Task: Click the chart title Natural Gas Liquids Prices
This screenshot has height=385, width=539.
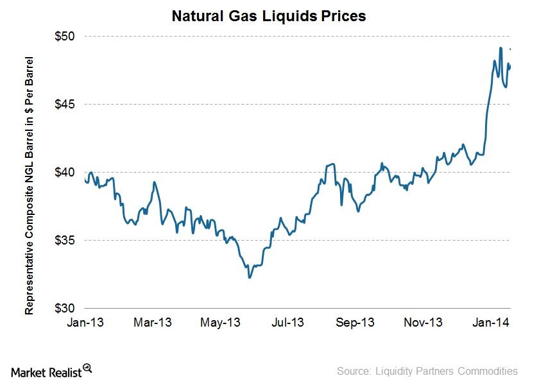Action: click(268, 16)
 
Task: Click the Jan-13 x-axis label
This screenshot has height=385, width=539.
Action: click(85, 322)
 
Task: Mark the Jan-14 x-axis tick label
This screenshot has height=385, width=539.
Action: click(492, 322)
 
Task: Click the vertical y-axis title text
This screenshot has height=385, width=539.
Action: click(30, 186)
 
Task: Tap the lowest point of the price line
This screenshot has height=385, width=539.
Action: click(249, 277)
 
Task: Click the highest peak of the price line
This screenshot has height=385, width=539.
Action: click(501, 48)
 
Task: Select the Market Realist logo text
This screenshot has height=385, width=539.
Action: click(47, 371)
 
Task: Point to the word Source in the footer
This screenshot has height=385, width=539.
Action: click(354, 371)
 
